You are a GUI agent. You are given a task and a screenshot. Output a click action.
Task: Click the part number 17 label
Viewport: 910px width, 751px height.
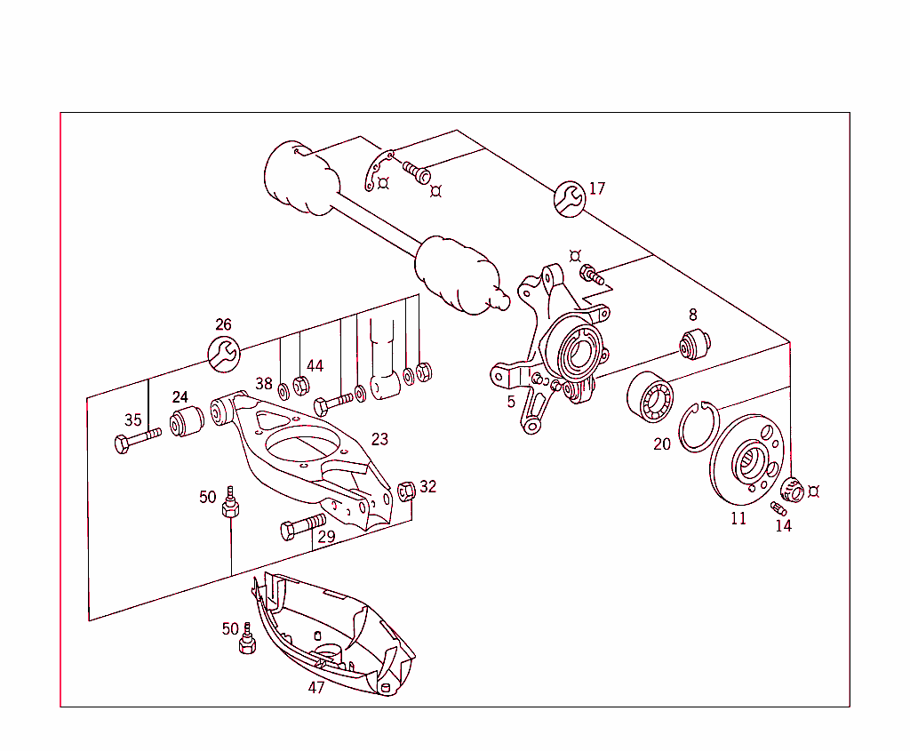(x=596, y=188)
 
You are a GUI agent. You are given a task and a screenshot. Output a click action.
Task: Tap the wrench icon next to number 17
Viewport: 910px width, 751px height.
(x=569, y=198)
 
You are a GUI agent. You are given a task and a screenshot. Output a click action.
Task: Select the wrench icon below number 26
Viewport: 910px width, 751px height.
(x=223, y=354)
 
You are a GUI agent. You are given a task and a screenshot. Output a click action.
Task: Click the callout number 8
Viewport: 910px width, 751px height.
(x=692, y=315)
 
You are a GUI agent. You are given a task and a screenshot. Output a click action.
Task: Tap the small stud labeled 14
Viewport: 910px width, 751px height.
(x=779, y=508)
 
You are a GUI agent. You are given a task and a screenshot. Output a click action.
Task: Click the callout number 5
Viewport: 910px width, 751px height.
(x=511, y=402)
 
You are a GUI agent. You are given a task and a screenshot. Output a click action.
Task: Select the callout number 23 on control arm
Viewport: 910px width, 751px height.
(x=379, y=439)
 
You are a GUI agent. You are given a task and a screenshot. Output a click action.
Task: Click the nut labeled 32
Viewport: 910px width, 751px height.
(x=406, y=490)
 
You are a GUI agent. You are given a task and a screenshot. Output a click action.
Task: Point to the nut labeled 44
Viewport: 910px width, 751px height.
(x=300, y=386)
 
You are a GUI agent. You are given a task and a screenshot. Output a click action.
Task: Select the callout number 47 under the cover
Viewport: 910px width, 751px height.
(x=316, y=687)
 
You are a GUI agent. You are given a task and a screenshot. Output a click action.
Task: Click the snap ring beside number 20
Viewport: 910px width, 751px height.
(x=699, y=427)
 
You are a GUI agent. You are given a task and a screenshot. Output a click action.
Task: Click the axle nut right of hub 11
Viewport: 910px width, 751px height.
(x=792, y=489)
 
